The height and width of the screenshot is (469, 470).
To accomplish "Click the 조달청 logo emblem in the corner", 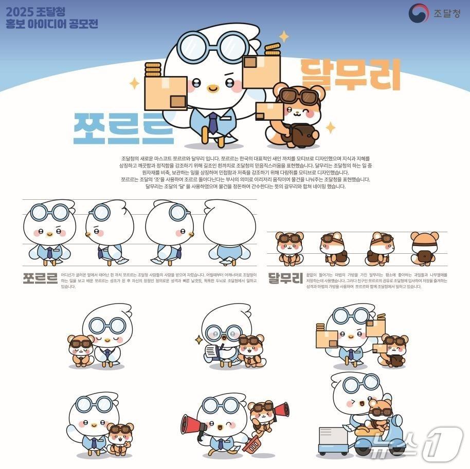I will coord(418,13).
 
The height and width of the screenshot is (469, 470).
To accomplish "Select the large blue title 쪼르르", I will coord(123,127).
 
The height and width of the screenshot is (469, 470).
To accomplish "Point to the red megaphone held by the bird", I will coord(193,424).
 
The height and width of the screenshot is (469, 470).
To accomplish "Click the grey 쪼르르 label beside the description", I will coord(40,278).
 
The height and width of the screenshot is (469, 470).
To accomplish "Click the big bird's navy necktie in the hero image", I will coord(213,123).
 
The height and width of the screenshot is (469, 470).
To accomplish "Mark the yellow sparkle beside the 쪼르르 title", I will coord(134,83).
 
